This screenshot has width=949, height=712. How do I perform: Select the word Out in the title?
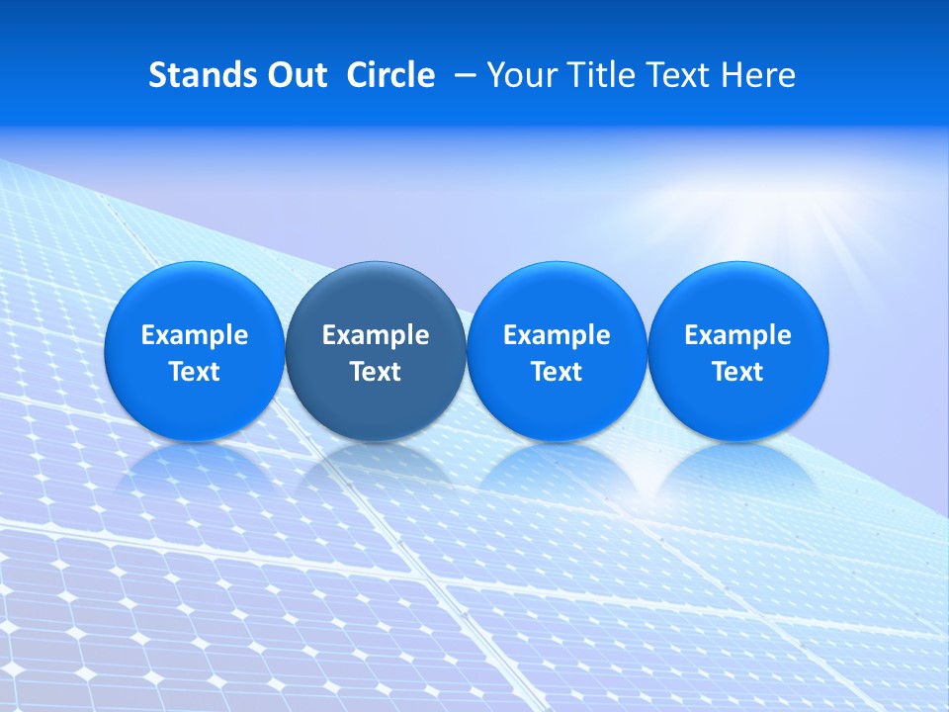tap(295, 75)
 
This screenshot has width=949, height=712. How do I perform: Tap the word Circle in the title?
tap(390, 75)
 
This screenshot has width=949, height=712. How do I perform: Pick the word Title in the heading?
tap(601, 75)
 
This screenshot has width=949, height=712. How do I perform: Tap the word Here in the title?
tap(759, 75)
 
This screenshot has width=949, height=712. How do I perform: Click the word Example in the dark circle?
tap(376, 335)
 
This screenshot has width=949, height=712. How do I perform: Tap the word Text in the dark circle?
tap(376, 372)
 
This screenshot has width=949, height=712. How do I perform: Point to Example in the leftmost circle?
tap(194, 335)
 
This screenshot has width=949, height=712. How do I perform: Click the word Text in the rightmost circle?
tap(737, 372)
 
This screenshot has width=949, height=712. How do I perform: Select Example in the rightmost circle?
tap(737, 335)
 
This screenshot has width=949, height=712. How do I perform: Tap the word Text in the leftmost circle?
tap(194, 372)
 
